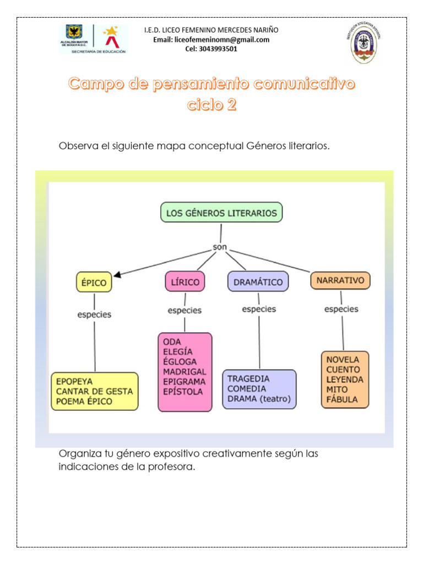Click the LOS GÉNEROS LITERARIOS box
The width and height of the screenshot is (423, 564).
[x=221, y=213]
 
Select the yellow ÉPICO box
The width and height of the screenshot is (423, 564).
[x=94, y=283]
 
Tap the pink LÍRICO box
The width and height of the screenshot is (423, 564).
[x=185, y=281]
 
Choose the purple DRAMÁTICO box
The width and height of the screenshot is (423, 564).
[x=258, y=282]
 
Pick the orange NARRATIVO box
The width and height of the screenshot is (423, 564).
[x=340, y=280]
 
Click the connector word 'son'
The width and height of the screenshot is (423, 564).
[x=220, y=247]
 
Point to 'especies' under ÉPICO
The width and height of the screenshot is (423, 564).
[x=94, y=314]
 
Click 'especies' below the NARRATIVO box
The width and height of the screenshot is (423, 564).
[x=341, y=309]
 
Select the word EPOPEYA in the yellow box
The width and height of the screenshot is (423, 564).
[x=74, y=381]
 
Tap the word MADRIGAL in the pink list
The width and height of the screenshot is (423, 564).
[x=184, y=371]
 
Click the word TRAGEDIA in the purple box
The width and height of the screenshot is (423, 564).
[x=248, y=378]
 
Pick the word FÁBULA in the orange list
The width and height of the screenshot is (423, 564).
[x=341, y=399]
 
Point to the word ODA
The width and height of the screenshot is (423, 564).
[x=172, y=341]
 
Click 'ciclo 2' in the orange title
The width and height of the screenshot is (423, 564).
[x=211, y=105]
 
